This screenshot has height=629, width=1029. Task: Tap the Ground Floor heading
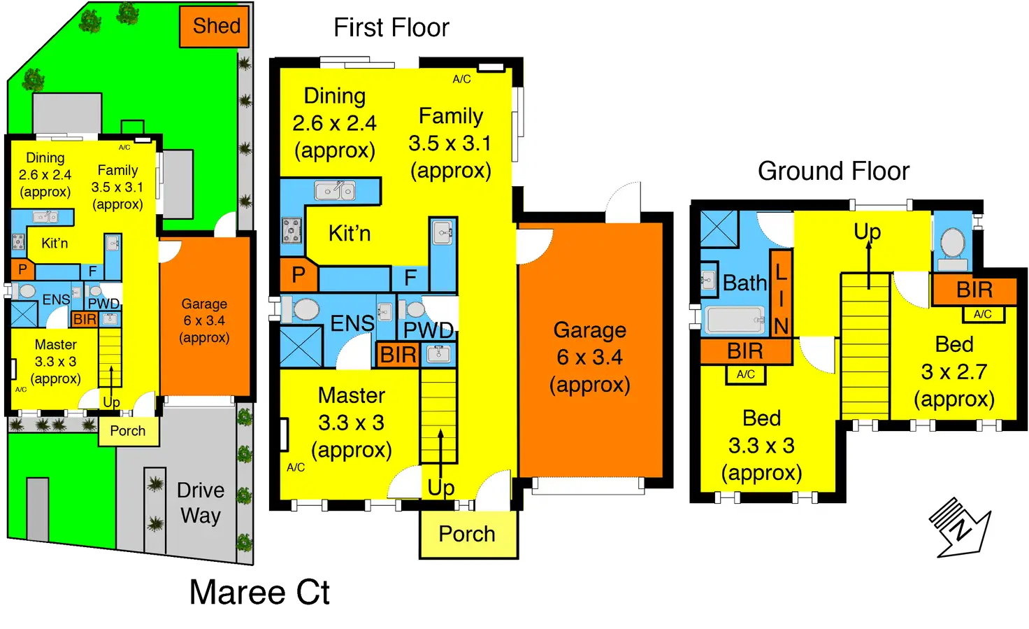tap(833, 171)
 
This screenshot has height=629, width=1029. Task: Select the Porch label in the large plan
tap(467, 535)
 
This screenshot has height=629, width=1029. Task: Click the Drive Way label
tap(201, 503)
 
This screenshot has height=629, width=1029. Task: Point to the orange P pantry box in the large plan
tap(298, 275)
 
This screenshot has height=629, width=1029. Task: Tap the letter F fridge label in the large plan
tap(410, 278)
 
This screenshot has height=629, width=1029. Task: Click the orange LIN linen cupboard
tap(781, 294)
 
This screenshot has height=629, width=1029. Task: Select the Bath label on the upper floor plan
tap(744, 283)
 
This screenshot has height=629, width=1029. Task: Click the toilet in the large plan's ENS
tap(305, 309)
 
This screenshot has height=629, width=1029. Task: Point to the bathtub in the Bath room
tap(735, 320)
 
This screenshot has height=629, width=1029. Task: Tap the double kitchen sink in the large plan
tap(335, 190)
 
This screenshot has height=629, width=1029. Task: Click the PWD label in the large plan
tap(429, 330)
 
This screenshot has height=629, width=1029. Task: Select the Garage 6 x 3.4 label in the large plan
tap(589, 358)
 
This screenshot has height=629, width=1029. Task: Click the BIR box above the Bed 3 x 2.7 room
tap(974, 290)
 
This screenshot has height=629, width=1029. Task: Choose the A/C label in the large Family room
tap(461, 80)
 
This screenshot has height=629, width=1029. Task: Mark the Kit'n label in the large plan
tap(350, 234)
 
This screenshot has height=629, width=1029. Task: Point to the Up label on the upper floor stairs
tap(867, 232)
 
